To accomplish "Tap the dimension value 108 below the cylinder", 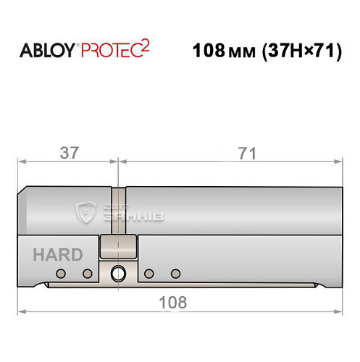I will click(175, 301).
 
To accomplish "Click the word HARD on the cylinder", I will click(57, 255).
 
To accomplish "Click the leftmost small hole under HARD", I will click(61, 274).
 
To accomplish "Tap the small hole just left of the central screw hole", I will click(87, 274).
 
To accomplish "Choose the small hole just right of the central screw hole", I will click(148, 274).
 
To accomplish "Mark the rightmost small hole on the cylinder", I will click(175, 274).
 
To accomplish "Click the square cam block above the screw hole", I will click(118, 246).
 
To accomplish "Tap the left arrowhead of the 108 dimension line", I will click(23, 312).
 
